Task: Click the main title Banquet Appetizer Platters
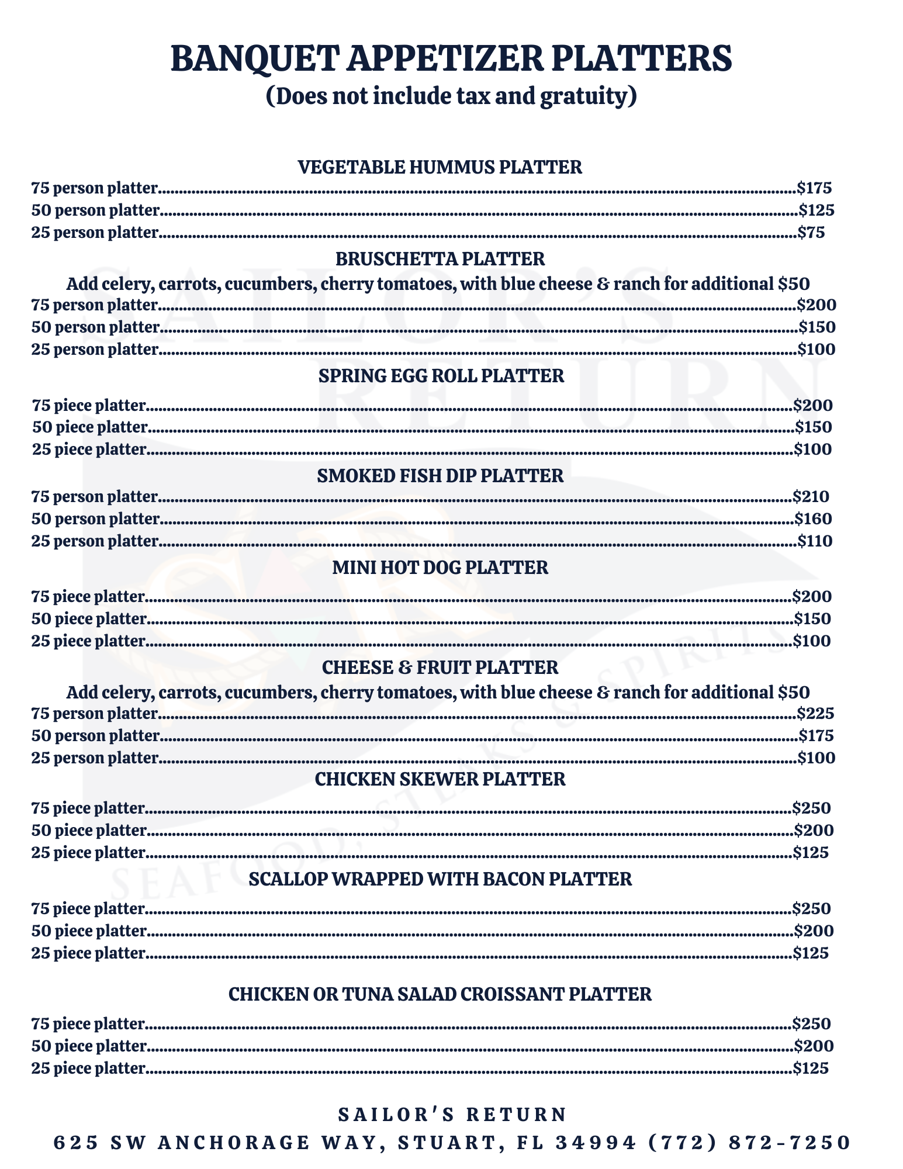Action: pyautogui.click(x=451, y=59)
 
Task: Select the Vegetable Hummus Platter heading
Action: pyautogui.click(x=440, y=167)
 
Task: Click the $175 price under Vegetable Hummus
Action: pyautogui.click(x=814, y=188)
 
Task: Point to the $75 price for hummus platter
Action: pyautogui.click(x=811, y=233)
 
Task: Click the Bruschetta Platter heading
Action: pyautogui.click(x=440, y=258)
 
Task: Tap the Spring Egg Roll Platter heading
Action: pyautogui.click(x=441, y=375)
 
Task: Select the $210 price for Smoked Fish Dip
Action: pyautogui.click(x=811, y=497)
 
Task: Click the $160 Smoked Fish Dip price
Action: pyautogui.click(x=813, y=519)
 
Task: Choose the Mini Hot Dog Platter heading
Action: pyautogui.click(x=440, y=567)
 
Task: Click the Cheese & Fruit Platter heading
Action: pyautogui.click(x=440, y=667)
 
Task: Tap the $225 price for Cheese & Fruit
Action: pyautogui.click(x=815, y=713)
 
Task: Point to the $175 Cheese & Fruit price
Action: pyautogui.click(x=816, y=735)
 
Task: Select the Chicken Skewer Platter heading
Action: pyautogui.click(x=440, y=779)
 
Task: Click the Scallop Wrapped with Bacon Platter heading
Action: pyautogui.click(x=440, y=879)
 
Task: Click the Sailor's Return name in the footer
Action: pyautogui.click(x=452, y=1114)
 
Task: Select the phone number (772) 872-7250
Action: pyautogui.click(x=749, y=1142)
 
